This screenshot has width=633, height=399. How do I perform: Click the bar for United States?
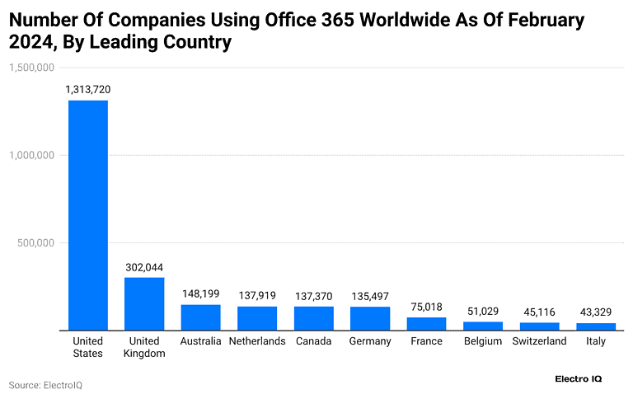pyautogui.click(x=87, y=215)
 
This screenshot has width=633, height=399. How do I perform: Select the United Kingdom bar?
pyautogui.click(x=144, y=303)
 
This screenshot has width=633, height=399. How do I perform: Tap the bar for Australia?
pyautogui.click(x=200, y=317)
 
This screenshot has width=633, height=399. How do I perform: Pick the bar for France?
pyautogui.click(x=426, y=324)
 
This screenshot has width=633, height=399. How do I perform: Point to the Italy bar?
pyautogui.click(x=595, y=326)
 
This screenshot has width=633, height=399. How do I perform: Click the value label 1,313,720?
pyautogui.click(x=87, y=89)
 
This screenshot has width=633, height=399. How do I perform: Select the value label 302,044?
pyautogui.click(x=144, y=267)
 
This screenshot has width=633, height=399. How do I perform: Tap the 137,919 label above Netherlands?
pyautogui.click(x=257, y=295)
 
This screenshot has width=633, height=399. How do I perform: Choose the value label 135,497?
pyautogui.click(x=370, y=295)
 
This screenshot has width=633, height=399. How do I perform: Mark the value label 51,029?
pyautogui.click(x=482, y=311)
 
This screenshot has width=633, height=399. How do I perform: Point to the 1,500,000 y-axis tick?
pyautogui.click(x=31, y=68)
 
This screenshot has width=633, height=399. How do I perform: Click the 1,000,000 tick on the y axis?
pyautogui.click(x=31, y=155)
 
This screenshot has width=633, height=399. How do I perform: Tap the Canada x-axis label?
pyautogui.click(x=313, y=341)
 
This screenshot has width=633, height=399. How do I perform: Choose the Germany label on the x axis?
pyautogui.click(x=370, y=341)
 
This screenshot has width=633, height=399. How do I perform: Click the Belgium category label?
pyautogui.click(x=482, y=341)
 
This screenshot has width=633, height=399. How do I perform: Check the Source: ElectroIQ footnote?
pyautogui.click(x=45, y=385)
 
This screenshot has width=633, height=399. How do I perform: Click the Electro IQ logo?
pyautogui.click(x=578, y=379)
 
